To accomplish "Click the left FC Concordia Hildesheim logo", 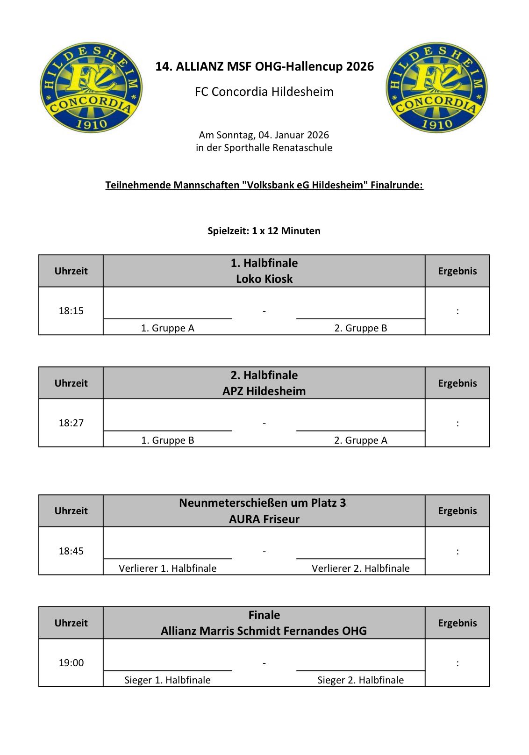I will [x=91, y=87].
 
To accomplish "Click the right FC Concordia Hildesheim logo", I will [x=436, y=87].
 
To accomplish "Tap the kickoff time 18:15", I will [x=71, y=311].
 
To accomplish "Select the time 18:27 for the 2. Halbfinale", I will [x=71, y=423].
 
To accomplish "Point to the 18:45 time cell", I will [x=71, y=551].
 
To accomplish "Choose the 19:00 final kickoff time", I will [x=71, y=663].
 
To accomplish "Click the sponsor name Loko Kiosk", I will [x=264, y=279].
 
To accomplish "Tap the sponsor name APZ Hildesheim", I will [x=264, y=391].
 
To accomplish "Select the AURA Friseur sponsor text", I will [x=264, y=519].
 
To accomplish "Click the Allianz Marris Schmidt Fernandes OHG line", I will [x=264, y=631].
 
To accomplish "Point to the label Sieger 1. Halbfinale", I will [x=167, y=680].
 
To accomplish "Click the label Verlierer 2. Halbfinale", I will [x=360, y=568].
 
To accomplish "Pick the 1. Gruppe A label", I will [x=167, y=328].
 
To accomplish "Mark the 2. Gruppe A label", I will [x=360, y=440].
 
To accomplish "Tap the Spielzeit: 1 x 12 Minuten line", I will [x=264, y=231].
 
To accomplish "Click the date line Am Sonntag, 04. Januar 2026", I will [x=264, y=135].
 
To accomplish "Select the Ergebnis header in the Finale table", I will [x=457, y=623].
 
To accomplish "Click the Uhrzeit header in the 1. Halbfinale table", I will [x=71, y=271].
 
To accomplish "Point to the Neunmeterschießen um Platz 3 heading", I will [x=263, y=503].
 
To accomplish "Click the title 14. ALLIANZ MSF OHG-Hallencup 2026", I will [x=264, y=66].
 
